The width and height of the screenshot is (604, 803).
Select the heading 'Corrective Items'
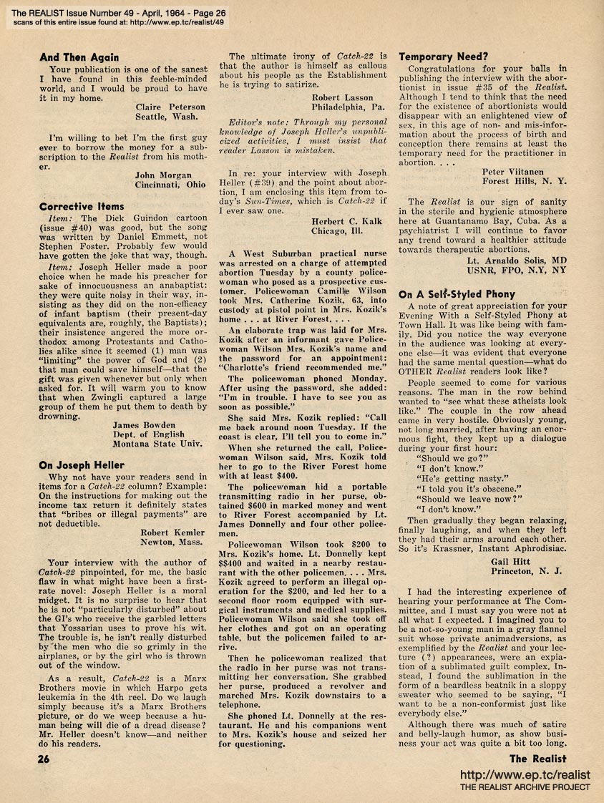click(82, 206)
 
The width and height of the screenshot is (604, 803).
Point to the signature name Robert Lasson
click(343, 97)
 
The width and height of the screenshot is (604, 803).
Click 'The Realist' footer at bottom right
click(538, 759)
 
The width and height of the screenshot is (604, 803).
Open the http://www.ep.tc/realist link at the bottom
click(525, 775)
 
